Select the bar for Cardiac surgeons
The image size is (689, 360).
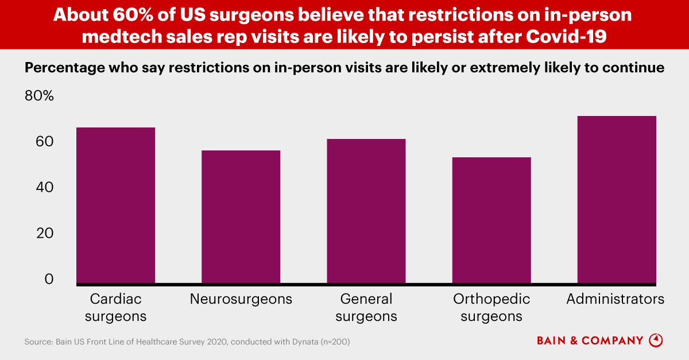click(x=115, y=206)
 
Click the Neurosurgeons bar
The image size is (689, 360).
click(x=241, y=217)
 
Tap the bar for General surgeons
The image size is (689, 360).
click(x=366, y=211)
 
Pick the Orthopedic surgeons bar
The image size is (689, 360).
click(x=491, y=220)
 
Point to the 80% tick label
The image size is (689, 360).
click(x=39, y=96)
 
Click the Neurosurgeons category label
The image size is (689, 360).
click(x=241, y=299)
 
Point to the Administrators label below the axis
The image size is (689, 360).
click(x=615, y=299)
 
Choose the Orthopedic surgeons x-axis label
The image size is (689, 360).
click(x=491, y=308)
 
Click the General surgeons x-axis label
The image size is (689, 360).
click(x=366, y=308)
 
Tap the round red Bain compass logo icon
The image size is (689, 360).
click(x=656, y=340)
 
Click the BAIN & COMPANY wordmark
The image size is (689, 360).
click(x=590, y=341)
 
